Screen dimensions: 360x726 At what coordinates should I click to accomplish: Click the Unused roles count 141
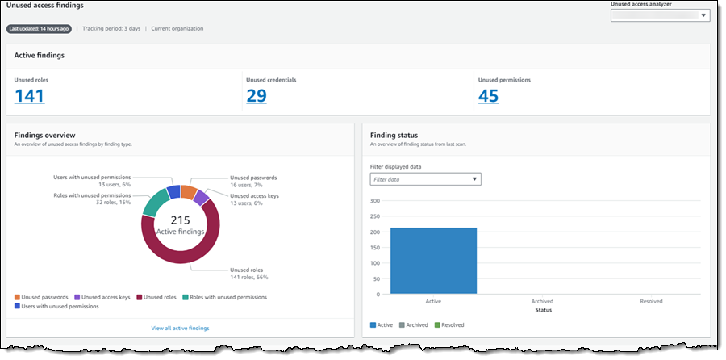[29, 96]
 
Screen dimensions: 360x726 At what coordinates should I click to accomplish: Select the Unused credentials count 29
[257, 96]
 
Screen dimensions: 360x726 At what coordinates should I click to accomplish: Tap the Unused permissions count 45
[488, 96]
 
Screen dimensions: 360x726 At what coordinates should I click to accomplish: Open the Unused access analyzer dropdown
[660, 15]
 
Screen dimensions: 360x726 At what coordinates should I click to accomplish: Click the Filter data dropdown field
[425, 179]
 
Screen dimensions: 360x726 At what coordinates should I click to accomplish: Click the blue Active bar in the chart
[433, 261]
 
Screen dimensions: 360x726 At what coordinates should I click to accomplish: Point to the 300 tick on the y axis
[374, 200]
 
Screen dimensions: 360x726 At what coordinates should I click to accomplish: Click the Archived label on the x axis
[542, 301]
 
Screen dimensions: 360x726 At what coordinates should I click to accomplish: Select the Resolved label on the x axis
[651, 301]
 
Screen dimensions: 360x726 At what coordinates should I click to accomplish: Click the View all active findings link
[180, 329]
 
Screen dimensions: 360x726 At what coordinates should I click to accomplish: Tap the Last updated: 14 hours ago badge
[39, 29]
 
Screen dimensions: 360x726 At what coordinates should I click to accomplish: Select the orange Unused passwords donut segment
[188, 191]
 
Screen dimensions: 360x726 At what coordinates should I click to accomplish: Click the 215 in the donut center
[181, 220]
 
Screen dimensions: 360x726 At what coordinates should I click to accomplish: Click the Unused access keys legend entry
[103, 297]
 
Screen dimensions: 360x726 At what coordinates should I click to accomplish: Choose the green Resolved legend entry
[450, 325]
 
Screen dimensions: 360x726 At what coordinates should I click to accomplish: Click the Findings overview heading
[45, 135]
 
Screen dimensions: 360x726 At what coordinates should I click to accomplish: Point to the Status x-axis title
[542, 309]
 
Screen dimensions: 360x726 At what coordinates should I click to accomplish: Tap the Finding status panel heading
[394, 135]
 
